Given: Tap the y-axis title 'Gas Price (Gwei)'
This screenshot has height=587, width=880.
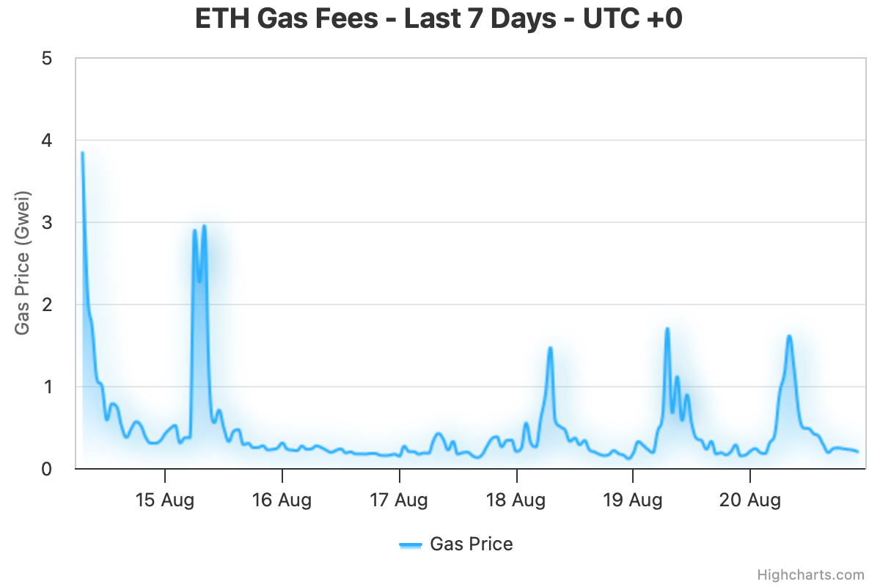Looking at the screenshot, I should (23, 263).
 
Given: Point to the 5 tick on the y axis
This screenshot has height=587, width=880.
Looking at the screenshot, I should (47, 58).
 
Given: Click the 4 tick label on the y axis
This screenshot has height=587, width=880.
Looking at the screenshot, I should (47, 140).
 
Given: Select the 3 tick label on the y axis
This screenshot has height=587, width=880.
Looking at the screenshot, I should (47, 222).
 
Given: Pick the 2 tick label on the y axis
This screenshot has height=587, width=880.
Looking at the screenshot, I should (47, 305).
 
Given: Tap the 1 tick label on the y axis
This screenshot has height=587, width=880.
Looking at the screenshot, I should (47, 387).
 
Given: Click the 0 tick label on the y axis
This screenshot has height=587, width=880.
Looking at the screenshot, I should (47, 469).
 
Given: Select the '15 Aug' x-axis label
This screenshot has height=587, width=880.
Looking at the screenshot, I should (165, 500).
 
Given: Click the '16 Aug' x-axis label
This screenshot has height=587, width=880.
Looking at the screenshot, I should (282, 500).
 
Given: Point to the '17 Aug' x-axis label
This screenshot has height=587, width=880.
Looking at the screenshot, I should (399, 500).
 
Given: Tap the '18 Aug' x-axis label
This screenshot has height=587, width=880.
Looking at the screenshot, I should (516, 500).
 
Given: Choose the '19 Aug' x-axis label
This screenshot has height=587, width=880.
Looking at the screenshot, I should (633, 500).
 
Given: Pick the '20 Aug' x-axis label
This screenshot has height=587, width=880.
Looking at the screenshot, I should (750, 500).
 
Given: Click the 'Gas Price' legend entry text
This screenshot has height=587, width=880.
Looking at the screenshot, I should (472, 544).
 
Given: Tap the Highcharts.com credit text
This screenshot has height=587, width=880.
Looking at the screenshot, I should (811, 575).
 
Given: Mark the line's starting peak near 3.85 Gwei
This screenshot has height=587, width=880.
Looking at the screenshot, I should (82, 153).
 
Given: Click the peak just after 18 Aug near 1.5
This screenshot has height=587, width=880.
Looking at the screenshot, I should (549, 348).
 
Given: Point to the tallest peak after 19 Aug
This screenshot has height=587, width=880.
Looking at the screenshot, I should (667, 329).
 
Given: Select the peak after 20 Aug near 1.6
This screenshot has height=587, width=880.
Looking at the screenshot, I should (789, 336).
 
